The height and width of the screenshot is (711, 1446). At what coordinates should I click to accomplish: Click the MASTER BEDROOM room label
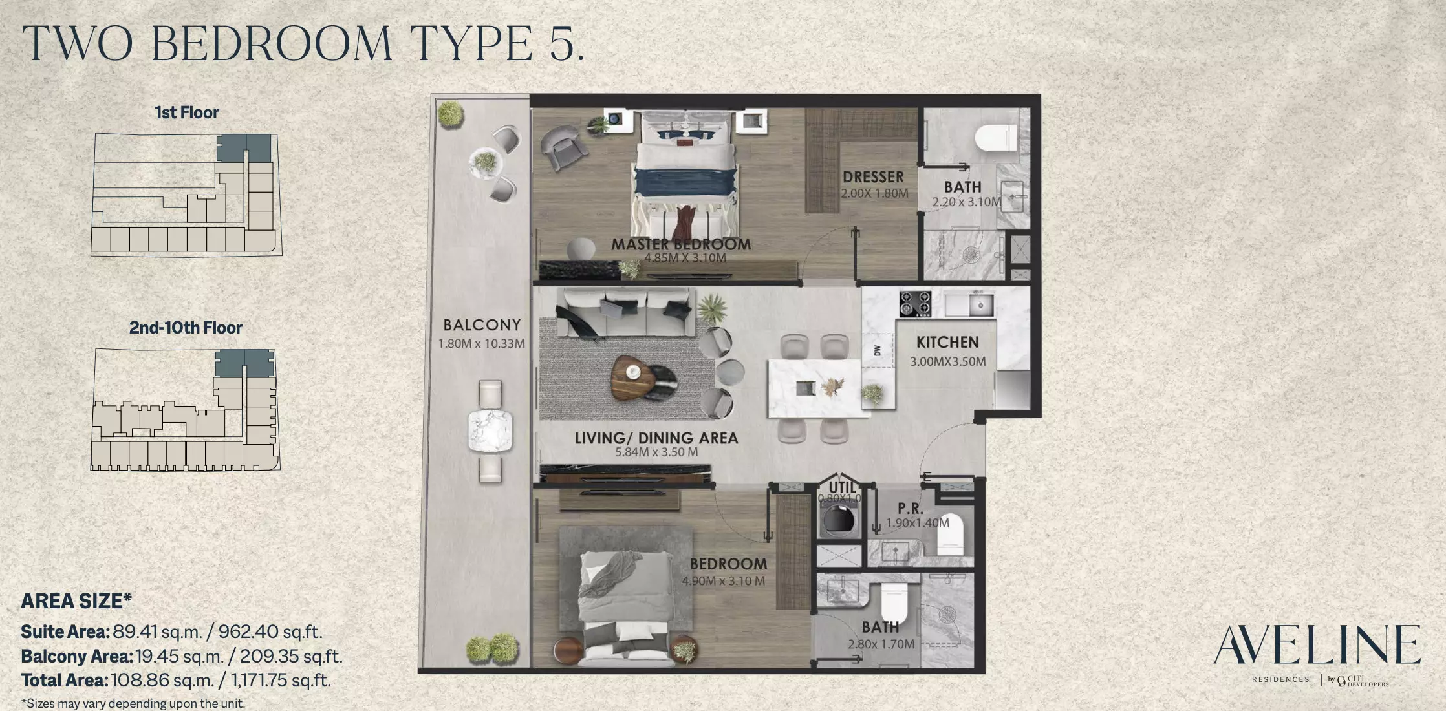pos(681,244)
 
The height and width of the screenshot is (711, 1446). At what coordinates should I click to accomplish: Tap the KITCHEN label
pos(947,342)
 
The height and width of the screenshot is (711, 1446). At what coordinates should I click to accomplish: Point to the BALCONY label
pos(482,325)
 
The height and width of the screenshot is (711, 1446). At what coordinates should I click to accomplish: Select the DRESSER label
pos(873,177)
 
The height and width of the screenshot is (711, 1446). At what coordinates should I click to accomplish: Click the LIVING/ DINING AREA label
pos(656,438)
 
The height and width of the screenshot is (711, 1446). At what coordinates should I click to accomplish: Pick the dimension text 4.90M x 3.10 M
pos(724,581)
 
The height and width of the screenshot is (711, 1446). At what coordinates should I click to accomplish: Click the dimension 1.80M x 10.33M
pos(482,344)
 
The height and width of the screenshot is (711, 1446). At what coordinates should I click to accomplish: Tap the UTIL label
pos(842,487)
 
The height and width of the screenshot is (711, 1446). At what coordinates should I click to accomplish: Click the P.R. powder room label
pos(910,509)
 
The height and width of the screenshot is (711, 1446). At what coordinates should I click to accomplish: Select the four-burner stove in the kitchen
pos(916,304)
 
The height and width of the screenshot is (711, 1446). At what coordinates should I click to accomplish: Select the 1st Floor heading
pos(187,112)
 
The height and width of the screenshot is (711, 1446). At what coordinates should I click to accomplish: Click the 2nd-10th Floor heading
pos(186,328)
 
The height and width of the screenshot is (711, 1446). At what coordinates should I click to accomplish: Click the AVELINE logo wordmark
pos(1317,644)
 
